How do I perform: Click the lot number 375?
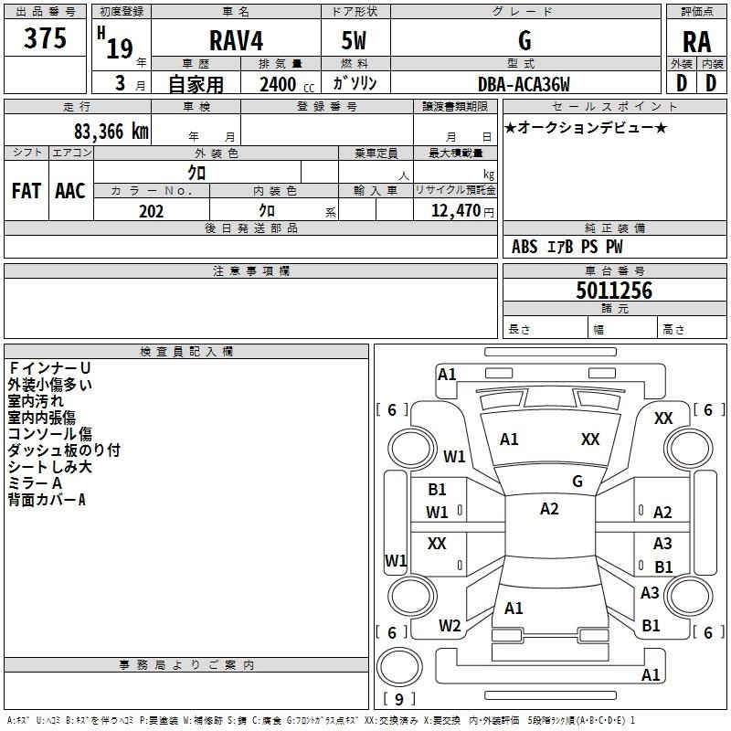(46, 39)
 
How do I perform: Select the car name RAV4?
(233, 40)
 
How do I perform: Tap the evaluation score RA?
(696, 41)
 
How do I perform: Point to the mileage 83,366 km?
(109, 131)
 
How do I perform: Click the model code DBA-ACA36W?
(524, 85)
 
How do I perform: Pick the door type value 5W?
(355, 40)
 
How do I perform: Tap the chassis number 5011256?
(614, 291)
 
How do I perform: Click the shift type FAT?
(26, 191)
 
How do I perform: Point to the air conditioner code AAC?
(69, 191)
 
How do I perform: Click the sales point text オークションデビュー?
(586, 127)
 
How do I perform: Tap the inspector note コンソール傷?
(49, 434)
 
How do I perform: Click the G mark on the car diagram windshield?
(577, 481)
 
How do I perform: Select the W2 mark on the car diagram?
(450, 626)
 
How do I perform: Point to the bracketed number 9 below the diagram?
(398, 699)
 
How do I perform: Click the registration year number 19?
(120, 48)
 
